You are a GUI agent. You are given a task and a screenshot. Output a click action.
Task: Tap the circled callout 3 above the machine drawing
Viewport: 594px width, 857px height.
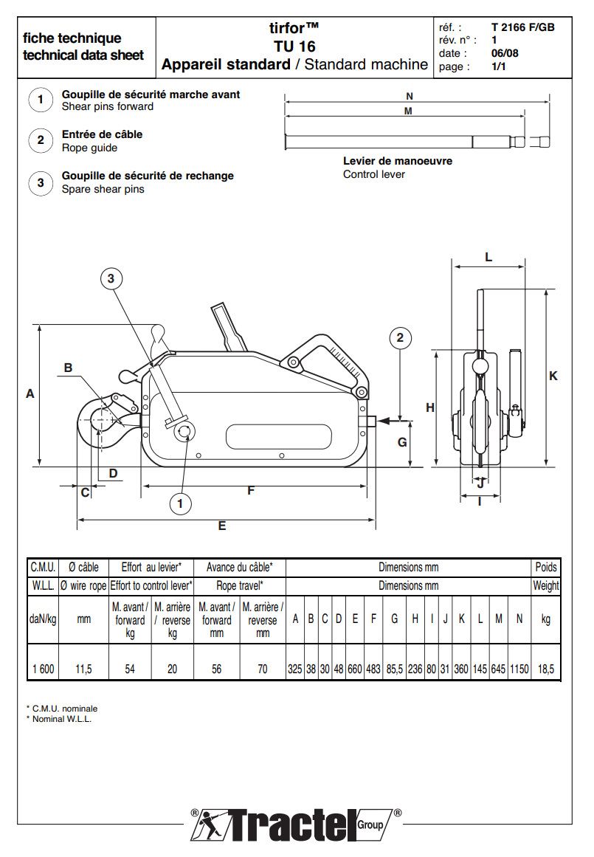[x=111, y=278]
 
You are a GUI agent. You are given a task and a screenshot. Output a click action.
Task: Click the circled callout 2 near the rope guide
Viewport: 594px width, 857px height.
[x=400, y=338]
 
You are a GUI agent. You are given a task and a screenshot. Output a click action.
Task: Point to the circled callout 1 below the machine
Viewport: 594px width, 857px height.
[x=180, y=504]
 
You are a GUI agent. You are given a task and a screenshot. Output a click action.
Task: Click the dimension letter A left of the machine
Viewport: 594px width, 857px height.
[x=30, y=394]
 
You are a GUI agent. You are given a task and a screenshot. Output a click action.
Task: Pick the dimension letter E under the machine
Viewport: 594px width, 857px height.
[x=221, y=526]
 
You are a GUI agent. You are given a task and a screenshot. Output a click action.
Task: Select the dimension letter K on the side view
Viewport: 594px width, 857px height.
[x=553, y=376]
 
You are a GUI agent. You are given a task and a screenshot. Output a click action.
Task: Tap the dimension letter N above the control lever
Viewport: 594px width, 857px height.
[x=409, y=96]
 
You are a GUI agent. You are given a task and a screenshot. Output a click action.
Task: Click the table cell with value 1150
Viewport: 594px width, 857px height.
[x=519, y=670]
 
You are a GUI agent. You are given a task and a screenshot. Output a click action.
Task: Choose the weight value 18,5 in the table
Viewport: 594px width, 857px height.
[x=546, y=670]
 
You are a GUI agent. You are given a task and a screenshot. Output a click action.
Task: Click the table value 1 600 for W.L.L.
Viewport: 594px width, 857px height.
[x=43, y=670]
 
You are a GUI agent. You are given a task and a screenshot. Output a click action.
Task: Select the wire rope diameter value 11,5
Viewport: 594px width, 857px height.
[x=84, y=670]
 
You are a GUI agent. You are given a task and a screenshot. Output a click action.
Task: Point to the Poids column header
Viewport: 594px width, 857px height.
[x=546, y=568]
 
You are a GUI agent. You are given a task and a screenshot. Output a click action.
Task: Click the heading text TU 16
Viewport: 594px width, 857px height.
[x=294, y=47]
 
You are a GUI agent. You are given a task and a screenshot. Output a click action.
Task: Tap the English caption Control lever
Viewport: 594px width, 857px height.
[x=374, y=174]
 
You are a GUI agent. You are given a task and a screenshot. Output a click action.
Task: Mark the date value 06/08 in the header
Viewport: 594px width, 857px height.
[x=505, y=53]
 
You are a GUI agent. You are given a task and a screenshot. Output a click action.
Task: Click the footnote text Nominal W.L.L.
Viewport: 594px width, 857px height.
[x=62, y=719]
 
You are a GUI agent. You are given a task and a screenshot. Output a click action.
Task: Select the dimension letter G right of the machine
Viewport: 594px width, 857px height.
[x=402, y=442]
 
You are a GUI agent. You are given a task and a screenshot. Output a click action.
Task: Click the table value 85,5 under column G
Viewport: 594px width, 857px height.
[x=395, y=670]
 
